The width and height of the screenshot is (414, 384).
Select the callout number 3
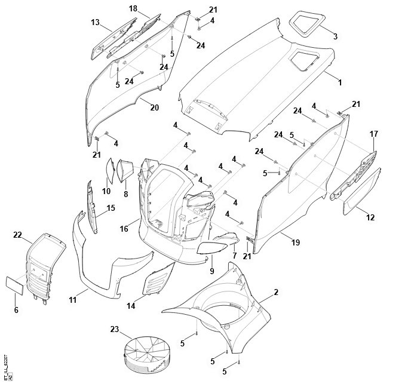coord(335,36)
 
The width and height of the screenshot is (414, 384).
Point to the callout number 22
coord(17,235)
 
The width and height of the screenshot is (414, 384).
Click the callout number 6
coord(16,309)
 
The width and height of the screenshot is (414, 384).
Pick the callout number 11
coord(72,300)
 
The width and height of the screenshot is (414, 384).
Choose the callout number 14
coord(130,306)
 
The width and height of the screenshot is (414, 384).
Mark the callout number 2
coord(276,292)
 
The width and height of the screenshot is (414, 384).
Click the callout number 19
coord(296,242)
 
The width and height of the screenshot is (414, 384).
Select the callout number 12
coord(370,217)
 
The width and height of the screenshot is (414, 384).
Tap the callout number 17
coord(374,134)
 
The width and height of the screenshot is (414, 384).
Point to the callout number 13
coord(95,22)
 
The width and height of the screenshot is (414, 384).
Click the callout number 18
coord(133,8)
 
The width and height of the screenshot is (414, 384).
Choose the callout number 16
coord(125,228)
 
